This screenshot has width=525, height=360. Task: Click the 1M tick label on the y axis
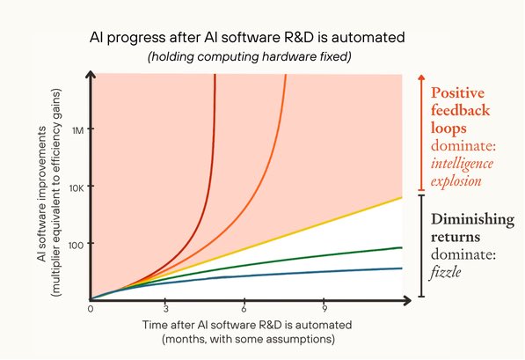(77, 130)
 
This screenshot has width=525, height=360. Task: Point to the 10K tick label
(77, 188)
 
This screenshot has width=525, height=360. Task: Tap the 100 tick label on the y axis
(76, 246)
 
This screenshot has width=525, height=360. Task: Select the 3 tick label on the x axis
(165, 309)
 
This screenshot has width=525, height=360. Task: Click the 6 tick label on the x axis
(244, 309)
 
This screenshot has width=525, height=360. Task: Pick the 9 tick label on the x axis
(324, 309)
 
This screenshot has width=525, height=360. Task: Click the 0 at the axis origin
(91, 309)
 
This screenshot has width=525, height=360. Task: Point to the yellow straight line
(246, 248)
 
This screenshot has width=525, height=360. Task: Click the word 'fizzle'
(446, 272)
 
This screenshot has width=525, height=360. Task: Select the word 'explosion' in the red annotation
(456, 181)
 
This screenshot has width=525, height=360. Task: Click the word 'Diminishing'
(472, 220)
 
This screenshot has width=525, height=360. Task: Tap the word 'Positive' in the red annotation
(457, 92)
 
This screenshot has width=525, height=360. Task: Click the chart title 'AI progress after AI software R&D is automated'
(247, 37)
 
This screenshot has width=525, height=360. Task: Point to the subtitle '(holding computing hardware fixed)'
(250, 56)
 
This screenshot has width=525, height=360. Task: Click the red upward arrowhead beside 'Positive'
(421, 77)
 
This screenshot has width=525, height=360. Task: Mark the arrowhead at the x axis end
(407, 300)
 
